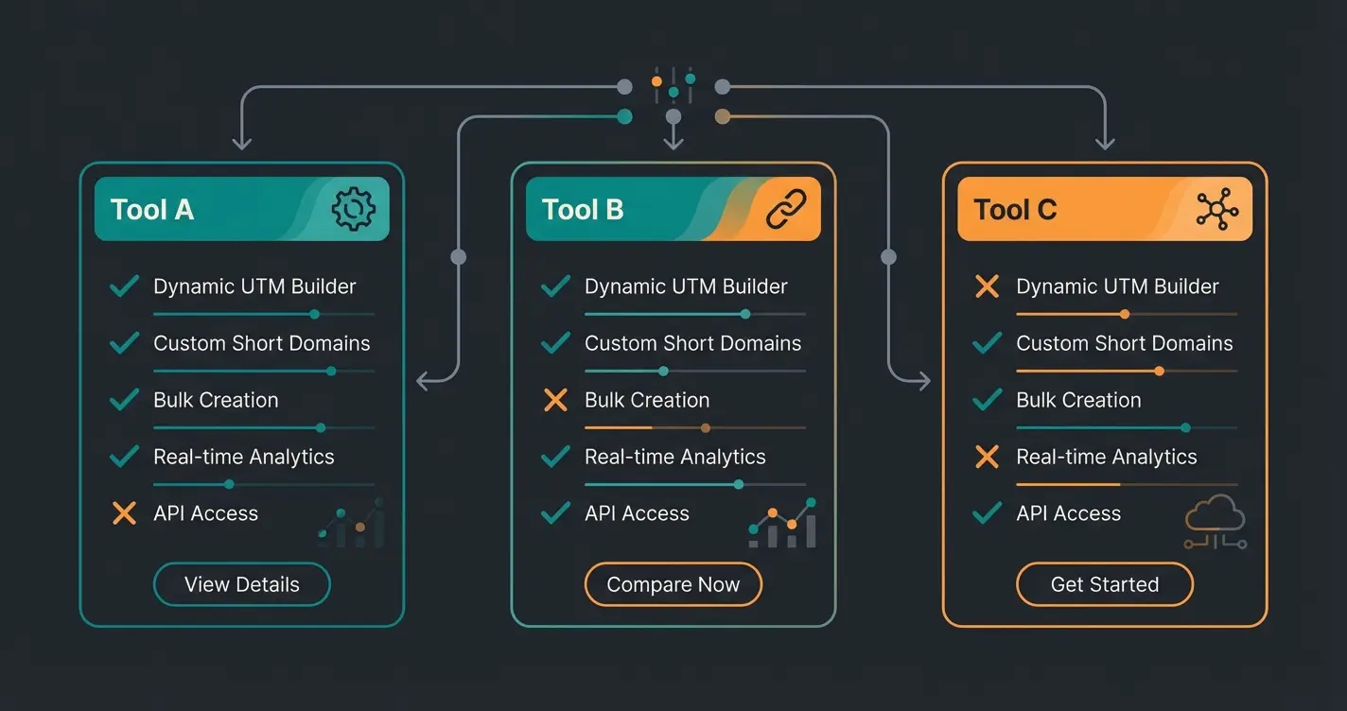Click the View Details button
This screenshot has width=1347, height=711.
241,584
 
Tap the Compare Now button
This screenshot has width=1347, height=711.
673,584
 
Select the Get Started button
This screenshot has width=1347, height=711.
1104,584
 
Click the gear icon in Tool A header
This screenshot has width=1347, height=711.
353,209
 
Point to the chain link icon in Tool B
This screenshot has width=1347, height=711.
785,209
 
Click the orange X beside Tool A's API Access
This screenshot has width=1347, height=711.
124,513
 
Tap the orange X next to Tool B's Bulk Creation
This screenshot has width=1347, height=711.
555,400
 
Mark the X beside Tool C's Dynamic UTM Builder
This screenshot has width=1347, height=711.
987,286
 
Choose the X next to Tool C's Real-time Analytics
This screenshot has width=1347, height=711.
987,457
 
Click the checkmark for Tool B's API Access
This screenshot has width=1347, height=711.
555,513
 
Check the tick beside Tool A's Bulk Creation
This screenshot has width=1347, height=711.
124,400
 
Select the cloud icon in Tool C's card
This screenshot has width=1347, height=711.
1216,520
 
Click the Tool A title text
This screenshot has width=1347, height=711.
152,209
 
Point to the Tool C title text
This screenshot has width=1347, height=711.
1015,209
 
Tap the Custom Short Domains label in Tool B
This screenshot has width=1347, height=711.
692,343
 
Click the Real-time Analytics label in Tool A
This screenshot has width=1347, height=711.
244,457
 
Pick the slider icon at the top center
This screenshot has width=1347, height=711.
673,84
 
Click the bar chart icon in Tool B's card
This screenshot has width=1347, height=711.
782,524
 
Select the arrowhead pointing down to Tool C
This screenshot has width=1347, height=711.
1104,143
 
